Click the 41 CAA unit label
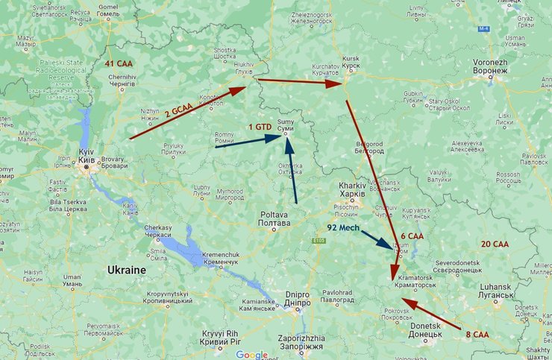119,64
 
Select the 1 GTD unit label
258,127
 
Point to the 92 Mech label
343,227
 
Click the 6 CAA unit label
411,236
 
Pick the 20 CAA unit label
495,244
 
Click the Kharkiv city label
351,189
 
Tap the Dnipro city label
298,298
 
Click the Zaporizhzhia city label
299,342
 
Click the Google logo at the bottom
252,355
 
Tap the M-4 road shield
484,28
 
